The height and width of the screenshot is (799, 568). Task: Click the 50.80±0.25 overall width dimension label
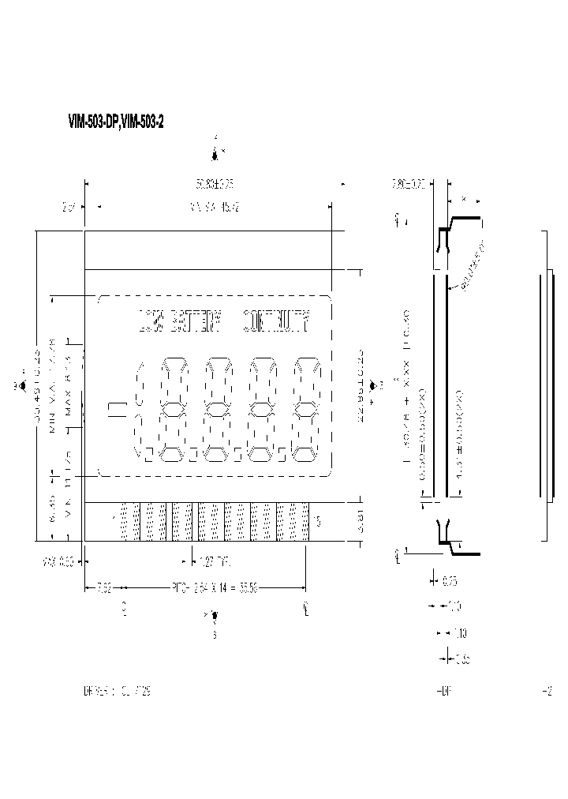point(215,183)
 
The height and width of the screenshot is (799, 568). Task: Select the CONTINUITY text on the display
point(275,321)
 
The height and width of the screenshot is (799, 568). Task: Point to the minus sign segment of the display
point(117,409)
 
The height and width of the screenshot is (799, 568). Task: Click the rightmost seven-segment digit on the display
point(305,409)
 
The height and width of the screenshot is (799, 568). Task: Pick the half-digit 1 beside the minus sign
point(139,409)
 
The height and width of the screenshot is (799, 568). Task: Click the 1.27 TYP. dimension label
point(217,561)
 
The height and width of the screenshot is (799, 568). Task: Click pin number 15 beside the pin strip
point(317,520)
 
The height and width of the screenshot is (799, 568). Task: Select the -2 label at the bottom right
point(547,691)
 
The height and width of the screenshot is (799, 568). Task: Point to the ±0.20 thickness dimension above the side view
point(409,185)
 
